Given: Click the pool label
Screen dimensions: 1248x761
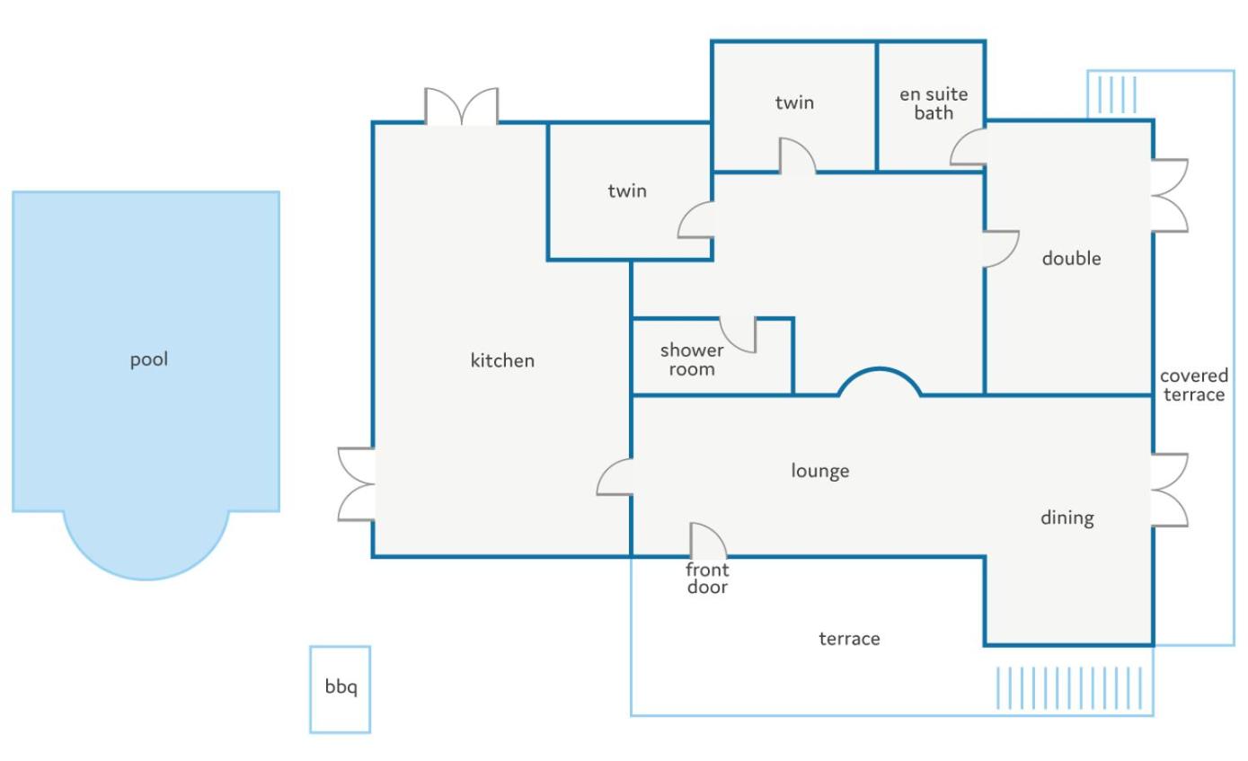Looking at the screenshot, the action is coord(149,360).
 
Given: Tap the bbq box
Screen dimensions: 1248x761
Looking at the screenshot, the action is coord(341,690).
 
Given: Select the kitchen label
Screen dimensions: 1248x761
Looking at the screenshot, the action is coord(502,360).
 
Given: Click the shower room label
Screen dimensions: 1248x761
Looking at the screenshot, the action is coord(692,360).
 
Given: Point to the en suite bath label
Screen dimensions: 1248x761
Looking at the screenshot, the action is coord(934,103).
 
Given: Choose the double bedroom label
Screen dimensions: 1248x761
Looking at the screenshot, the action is coord(1071,259).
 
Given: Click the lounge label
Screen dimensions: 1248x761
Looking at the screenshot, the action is coord(820,472).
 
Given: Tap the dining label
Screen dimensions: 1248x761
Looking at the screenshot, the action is coord(1067,518).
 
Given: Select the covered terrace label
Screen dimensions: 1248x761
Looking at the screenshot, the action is coord(1194,385).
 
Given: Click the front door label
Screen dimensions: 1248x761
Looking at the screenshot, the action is coord(707,579).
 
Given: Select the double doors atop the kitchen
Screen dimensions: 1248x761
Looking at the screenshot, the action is coord(462,106).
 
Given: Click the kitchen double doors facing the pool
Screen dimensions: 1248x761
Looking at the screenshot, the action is coord(356,484).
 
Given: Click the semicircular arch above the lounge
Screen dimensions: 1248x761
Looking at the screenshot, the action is coord(880,369).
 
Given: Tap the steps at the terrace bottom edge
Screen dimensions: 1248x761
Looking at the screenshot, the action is coord(1069,688).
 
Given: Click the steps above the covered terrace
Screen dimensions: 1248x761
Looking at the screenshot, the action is coord(1117,94).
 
